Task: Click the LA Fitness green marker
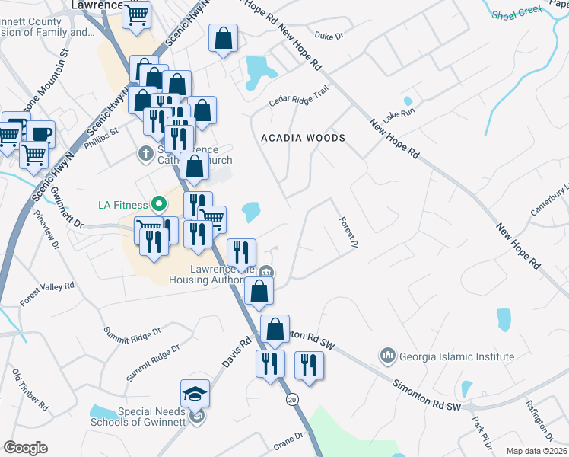158,204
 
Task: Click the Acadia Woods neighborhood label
303,139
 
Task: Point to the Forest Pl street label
347,232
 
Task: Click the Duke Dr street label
329,35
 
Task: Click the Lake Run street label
399,116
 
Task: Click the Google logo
25,448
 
